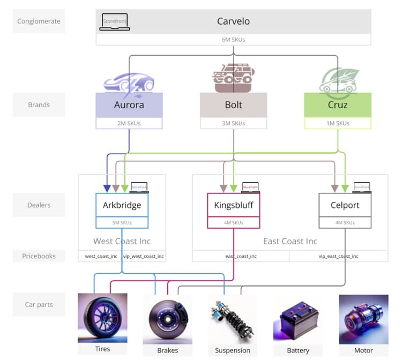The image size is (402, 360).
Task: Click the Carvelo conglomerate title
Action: point(233,22)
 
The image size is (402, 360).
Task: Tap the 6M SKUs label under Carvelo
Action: point(233,40)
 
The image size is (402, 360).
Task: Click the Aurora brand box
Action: point(129,105)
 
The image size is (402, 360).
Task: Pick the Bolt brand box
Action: point(233,105)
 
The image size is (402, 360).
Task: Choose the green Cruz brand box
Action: point(337,105)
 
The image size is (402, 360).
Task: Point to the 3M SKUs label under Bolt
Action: point(233,123)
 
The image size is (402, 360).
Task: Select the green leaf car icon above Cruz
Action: point(338,81)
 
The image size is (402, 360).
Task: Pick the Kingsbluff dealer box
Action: point(233,205)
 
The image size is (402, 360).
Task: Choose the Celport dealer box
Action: point(345,205)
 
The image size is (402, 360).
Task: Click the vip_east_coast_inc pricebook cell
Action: point(338,256)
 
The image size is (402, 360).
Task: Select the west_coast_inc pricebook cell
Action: point(101,256)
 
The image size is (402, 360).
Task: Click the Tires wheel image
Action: point(102,318)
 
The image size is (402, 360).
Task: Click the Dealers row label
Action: point(39,205)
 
